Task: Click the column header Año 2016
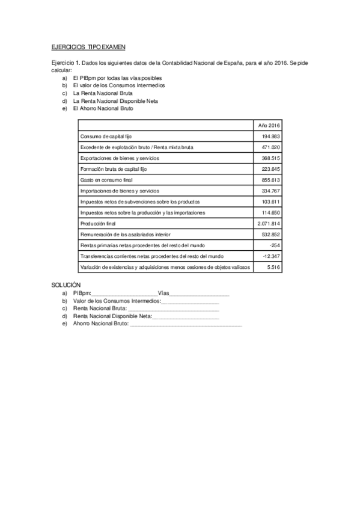click(269, 125)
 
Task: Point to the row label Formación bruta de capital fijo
click(113, 169)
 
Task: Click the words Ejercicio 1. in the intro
click(63, 63)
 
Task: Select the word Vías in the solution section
click(163, 293)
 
